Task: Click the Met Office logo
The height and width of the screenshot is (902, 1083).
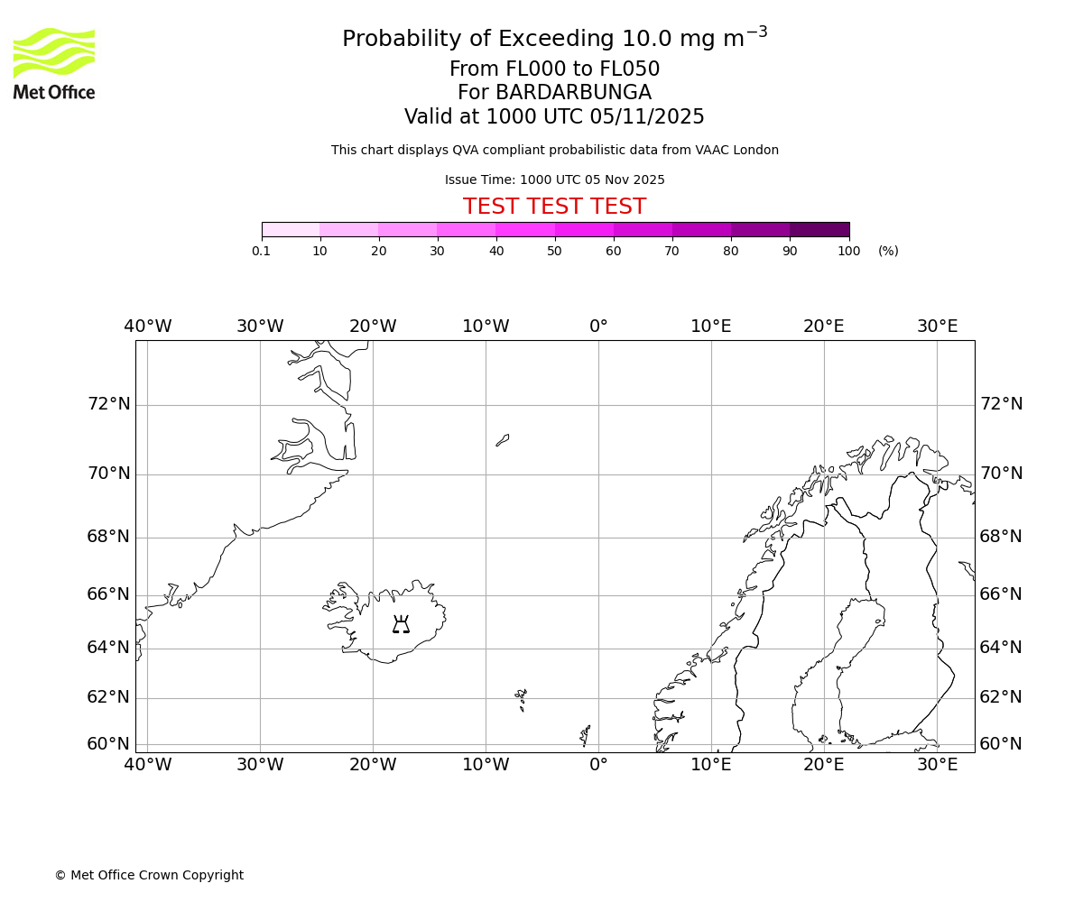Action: click(x=54, y=63)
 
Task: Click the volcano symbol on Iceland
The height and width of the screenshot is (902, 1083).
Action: click(x=401, y=624)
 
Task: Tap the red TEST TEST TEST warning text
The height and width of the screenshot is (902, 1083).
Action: click(x=554, y=207)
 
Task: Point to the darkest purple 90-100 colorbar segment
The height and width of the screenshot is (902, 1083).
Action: click(x=819, y=229)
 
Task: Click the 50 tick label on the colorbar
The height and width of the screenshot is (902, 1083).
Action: click(x=554, y=251)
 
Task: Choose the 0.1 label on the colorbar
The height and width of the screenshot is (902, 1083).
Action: click(x=261, y=251)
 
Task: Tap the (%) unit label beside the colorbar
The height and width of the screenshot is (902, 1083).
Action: click(x=888, y=251)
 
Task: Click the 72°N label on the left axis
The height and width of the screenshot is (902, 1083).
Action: click(x=108, y=403)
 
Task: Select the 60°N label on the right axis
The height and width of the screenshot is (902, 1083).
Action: click(x=1001, y=744)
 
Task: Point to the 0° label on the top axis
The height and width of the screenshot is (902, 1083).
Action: click(x=598, y=327)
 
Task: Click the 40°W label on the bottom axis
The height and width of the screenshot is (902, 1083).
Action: click(x=147, y=765)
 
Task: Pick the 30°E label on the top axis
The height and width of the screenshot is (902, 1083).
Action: click(x=937, y=327)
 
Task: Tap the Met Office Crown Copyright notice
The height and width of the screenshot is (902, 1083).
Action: click(x=149, y=875)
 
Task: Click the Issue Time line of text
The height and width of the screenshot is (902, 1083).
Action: click(x=554, y=179)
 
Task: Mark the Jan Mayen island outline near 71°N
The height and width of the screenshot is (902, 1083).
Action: click(x=503, y=440)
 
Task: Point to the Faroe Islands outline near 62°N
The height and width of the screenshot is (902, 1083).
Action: click(x=521, y=699)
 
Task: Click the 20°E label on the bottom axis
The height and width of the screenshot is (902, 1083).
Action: click(x=823, y=765)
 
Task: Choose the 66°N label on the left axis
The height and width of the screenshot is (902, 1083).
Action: click(x=108, y=594)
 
